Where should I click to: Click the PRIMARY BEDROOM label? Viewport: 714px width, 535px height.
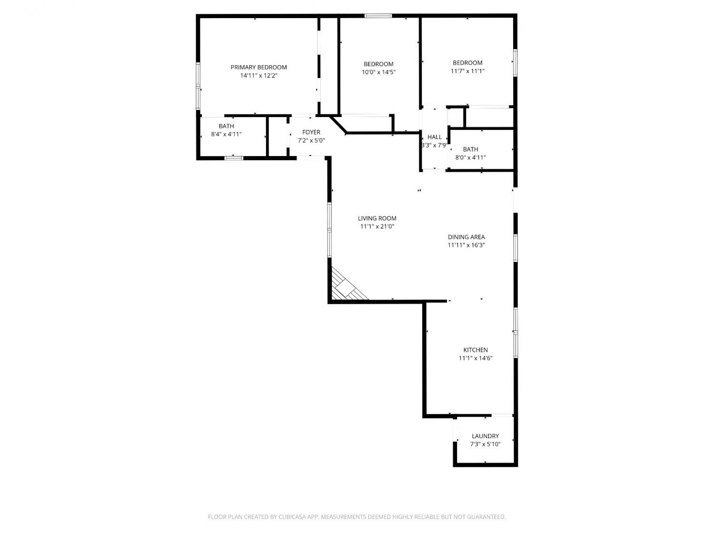(x=258, y=67)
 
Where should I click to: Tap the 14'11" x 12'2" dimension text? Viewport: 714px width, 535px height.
(x=258, y=76)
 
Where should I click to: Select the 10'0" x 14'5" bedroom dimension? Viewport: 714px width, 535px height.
(x=378, y=72)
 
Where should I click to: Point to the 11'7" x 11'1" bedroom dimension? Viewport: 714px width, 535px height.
(x=467, y=71)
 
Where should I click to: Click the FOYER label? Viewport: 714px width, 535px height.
(x=311, y=132)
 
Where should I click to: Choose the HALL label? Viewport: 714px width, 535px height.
(x=435, y=137)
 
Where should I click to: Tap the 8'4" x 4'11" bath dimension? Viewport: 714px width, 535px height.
(x=226, y=134)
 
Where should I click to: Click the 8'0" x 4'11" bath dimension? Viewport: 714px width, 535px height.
(x=470, y=157)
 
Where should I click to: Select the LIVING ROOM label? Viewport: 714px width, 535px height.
(x=377, y=218)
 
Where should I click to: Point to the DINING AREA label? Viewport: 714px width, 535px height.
(x=466, y=237)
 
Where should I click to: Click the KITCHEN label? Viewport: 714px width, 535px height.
(x=476, y=350)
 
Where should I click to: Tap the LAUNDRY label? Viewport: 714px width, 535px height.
(x=486, y=436)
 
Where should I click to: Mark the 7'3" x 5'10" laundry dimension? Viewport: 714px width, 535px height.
(x=486, y=444)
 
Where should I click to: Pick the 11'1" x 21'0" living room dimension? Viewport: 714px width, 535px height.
(x=377, y=226)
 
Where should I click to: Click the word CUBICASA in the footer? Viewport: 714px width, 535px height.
(x=292, y=517)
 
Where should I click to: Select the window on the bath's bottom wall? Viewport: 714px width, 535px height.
(x=234, y=158)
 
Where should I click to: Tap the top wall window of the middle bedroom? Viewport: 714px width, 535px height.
(x=378, y=16)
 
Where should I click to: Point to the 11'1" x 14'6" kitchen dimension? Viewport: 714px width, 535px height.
(x=476, y=358)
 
